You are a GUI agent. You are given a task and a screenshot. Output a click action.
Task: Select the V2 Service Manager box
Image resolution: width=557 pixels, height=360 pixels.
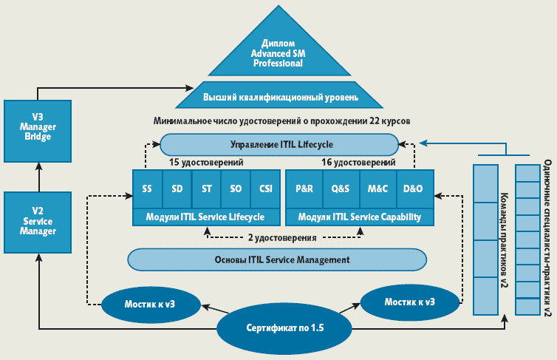coord(38,220)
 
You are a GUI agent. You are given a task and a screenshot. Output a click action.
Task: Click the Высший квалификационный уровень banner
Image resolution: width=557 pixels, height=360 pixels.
coord(281,96)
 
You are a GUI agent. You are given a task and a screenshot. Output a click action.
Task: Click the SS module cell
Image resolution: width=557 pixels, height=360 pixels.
coord(147,189)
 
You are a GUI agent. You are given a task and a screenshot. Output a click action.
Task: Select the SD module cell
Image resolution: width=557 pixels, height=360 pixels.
coord(177,189)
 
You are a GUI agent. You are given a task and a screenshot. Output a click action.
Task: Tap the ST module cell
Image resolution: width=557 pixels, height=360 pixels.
coord(206,189)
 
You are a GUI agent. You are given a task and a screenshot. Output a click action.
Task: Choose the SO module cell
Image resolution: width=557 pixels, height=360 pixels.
coord(236,189)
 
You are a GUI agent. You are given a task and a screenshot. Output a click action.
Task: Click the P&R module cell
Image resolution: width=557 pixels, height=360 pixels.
coord(304,189)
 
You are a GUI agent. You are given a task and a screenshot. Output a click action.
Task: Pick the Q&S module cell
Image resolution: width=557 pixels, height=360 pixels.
coord(341,189)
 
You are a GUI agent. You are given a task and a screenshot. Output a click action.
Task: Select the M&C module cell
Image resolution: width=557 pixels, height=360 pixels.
coord(377,189)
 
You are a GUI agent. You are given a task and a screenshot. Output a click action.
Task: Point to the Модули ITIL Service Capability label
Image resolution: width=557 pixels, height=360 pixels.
coord(359,217)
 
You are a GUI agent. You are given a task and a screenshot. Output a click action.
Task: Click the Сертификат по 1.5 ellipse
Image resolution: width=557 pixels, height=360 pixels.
coord(284,327)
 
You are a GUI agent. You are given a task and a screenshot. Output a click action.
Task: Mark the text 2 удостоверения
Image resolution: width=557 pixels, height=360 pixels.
coord(283,238)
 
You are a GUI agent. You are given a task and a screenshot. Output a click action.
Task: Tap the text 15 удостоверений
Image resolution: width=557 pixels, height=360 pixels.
coord(206,161)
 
